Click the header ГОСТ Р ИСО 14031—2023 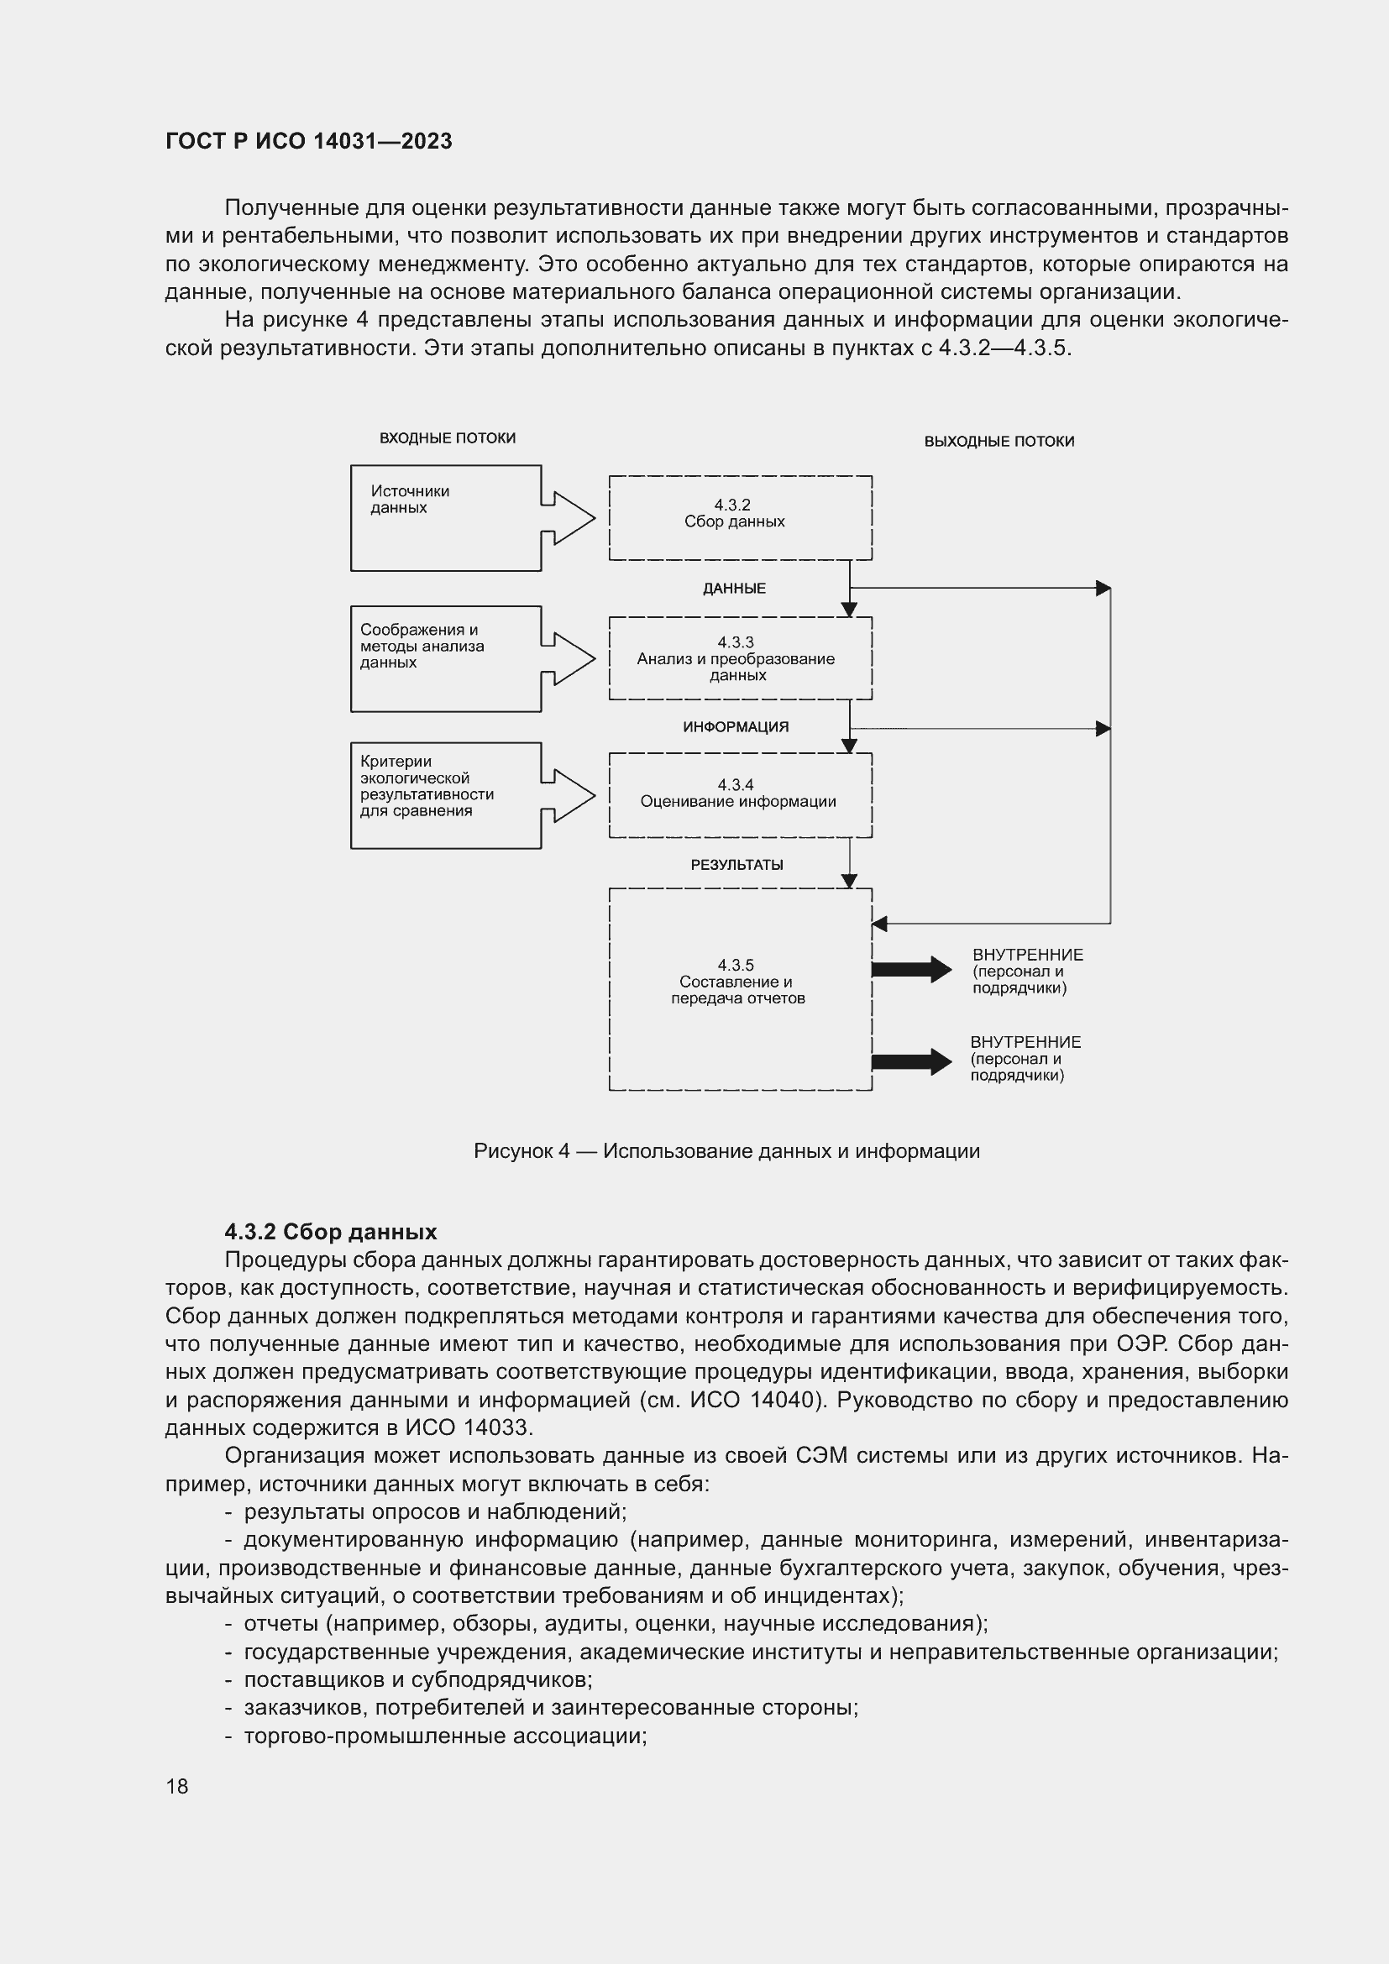click(x=309, y=141)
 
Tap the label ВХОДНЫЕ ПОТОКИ click(x=448, y=438)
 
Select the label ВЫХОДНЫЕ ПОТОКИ click(x=999, y=442)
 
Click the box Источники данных click(x=445, y=518)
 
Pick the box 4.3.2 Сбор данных click(x=740, y=517)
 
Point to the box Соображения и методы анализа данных click(x=445, y=658)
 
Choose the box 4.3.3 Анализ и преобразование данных click(x=740, y=657)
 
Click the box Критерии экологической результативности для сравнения click(x=445, y=795)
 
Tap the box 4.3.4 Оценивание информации click(x=740, y=794)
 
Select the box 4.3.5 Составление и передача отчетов click(x=740, y=989)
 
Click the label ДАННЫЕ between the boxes click(x=734, y=589)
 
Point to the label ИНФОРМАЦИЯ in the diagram click(x=736, y=727)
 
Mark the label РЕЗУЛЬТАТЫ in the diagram click(x=736, y=865)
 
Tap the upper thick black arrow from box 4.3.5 click(x=910, y=969)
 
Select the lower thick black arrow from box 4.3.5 click(x=910, y=1061)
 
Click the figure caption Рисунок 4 click(x=726, y=1151)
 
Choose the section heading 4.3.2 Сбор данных click(x=330, y=1232)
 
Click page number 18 click(x=177, y=1786)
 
